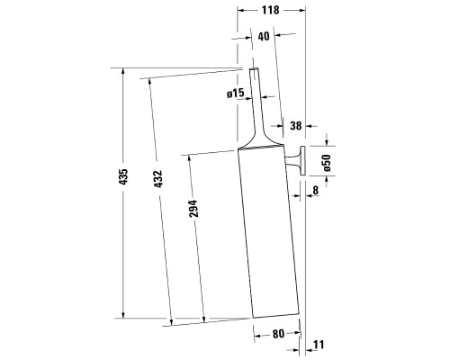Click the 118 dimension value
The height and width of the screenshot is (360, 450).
coord(270,10)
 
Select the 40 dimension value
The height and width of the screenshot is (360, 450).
coord(264,37)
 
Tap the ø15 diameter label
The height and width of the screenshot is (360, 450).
coord(236,94)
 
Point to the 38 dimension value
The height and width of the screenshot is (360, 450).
coord(295,125)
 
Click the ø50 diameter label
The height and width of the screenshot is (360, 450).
coord(327,163)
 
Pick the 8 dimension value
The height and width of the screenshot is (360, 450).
coord(315,190)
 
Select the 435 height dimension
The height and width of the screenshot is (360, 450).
coord(123,176)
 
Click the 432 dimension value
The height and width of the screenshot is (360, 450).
coord(157,179)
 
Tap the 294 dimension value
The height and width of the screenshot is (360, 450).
coord(193,209)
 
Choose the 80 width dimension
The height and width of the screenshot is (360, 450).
coord(278,334)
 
